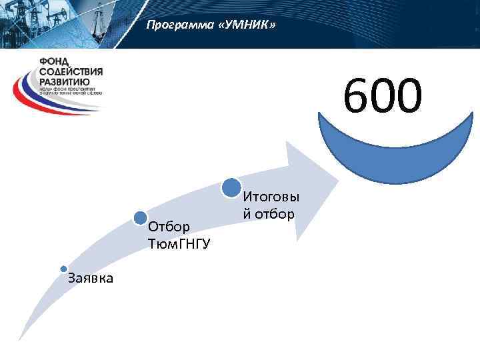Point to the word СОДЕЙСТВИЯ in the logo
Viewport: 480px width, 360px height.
tap(70, 71)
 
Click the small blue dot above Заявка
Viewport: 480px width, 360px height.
tap(63, 269)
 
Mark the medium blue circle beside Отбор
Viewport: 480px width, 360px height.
tap(141, 217)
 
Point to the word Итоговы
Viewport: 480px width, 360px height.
tap(271, 197)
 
